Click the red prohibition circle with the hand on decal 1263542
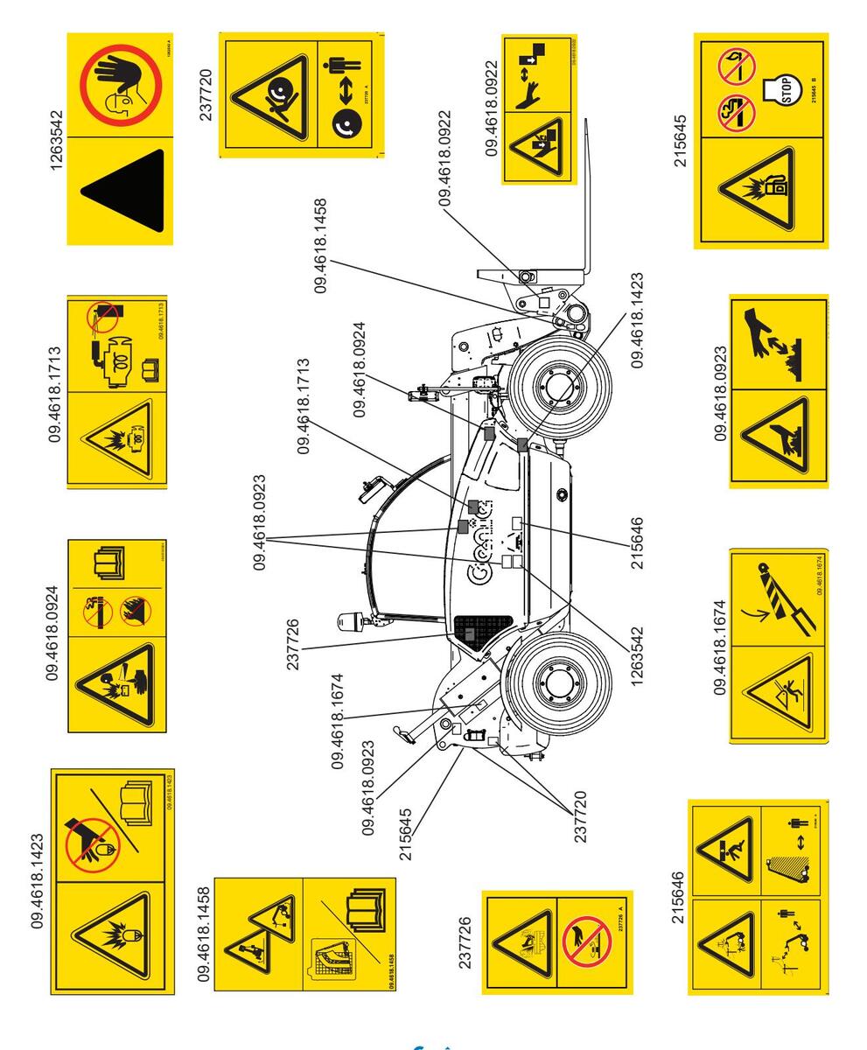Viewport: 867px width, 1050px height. pyautogui.click(x=121, y=86)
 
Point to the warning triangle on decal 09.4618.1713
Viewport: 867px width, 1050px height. pyautogui.click(x=116, y=438)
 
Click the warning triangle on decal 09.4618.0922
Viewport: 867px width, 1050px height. pyautogui.click(x=539, y=146)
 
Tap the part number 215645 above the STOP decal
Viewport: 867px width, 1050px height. pyautogui.click(x=679, y=140)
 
